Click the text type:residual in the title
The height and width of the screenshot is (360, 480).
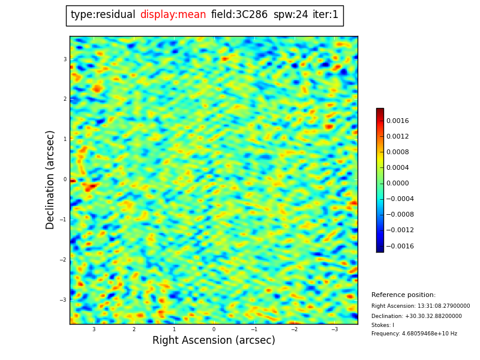[x=103, y=15]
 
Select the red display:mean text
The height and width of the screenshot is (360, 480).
[x=173, y=15]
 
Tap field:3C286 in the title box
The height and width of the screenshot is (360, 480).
[x=239, y=15]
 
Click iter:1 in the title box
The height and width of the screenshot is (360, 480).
[x=325, y=15]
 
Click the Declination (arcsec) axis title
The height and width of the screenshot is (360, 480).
[x=50, y=179]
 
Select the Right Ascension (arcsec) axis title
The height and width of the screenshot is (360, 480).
[x=214, y=341]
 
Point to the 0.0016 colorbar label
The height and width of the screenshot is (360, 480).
[x=397, y=121]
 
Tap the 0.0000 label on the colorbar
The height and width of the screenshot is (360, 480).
[x=397, y=184]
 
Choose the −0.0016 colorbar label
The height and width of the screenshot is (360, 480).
[x=399, y=246]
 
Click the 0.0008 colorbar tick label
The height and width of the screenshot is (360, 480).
[x=397, y=152]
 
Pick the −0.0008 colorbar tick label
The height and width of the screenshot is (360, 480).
[x=399, y=215]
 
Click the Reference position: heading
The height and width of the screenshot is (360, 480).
[x=403, y=295]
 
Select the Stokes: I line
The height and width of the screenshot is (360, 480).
[x=383, y=325]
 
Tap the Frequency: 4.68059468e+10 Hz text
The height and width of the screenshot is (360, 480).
[x=414, y=334]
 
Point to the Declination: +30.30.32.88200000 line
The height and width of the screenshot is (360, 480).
[x=416, y=316]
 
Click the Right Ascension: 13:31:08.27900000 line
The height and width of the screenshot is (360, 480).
[x=421, y=306]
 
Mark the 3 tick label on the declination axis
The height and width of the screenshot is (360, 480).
[x=65, y=59]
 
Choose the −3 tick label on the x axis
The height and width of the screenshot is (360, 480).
[x=334, y=329]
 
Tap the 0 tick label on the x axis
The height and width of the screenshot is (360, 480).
[x=214, y=329]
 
